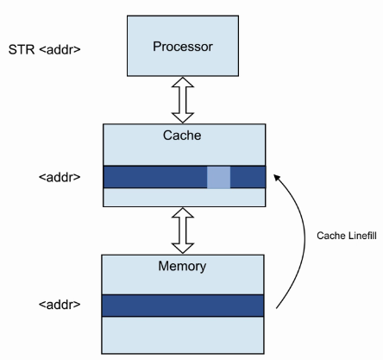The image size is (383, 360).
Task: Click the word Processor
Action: pos(183,47)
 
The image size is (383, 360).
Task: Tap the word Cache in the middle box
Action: pos(182,136)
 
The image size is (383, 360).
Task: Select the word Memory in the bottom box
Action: pos(182,266)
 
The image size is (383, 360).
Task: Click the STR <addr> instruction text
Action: pos(44,49)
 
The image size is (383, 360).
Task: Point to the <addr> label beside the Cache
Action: pos(60,177)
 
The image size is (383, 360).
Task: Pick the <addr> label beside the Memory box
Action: pos(60,305)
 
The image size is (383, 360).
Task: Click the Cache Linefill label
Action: pos(347,236)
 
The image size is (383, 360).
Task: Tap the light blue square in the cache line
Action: pos(218,177)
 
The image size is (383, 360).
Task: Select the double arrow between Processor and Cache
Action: pos(183,100)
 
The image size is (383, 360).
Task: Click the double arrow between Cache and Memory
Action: pos(183,231)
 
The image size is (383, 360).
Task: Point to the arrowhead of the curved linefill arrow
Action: pos(277,177)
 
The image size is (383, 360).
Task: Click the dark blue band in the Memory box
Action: pos(183,306)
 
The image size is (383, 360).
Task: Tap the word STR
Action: pos(22,49)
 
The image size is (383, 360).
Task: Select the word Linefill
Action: pos(362,236)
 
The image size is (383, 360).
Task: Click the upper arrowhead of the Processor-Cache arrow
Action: pos(183,82)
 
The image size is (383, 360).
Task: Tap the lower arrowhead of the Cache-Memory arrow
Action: pos(183,249)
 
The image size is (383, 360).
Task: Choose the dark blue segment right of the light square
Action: pos(248,177)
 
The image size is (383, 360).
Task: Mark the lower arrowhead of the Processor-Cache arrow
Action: pos(183,118)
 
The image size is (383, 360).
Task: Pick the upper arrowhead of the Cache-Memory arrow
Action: pos(183,212)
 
